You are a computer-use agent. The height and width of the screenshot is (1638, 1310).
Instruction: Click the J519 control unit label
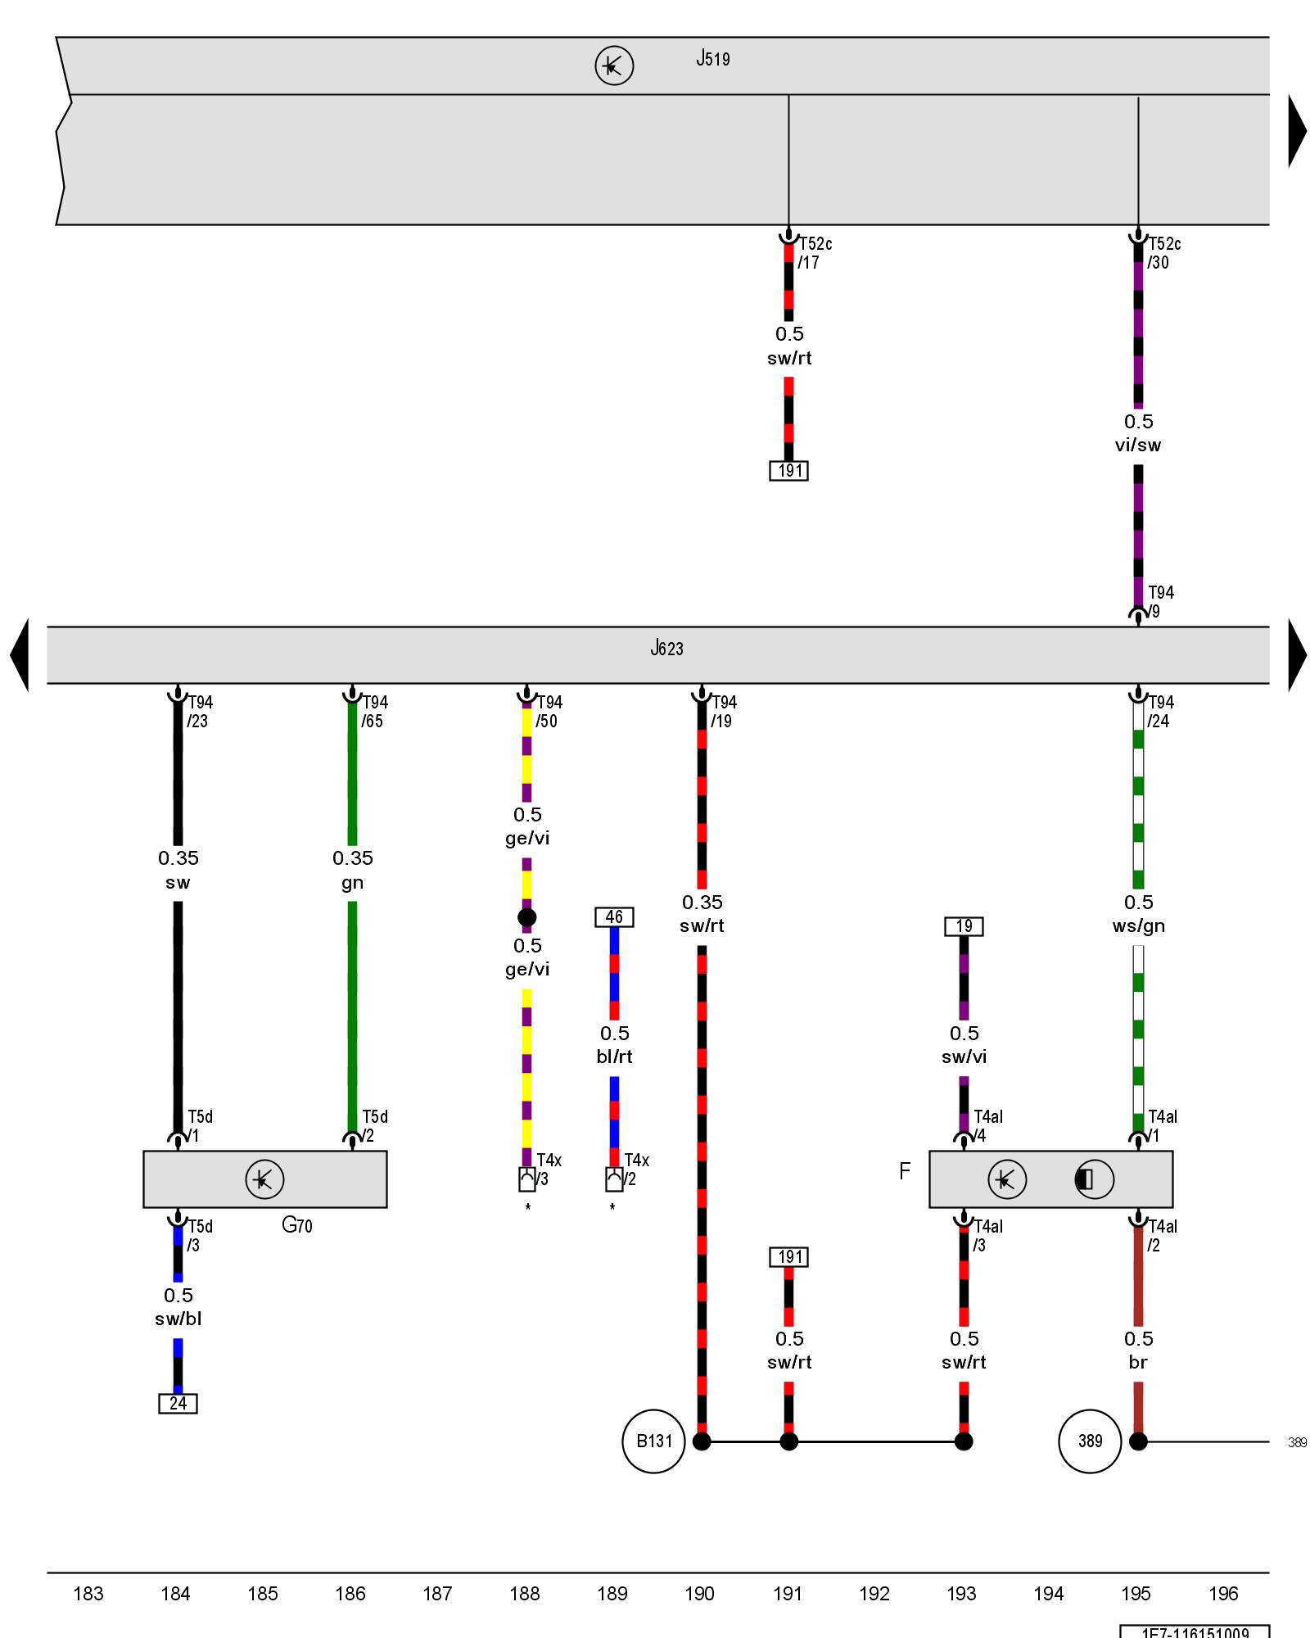click(x=712, y=59)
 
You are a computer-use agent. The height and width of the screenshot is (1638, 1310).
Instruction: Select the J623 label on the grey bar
click(x=666, y=649)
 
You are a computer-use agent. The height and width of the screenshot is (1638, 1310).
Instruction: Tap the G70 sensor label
click(x=296, y=1225)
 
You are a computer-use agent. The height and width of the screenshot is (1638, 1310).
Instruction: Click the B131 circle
click(x=653, y=1441)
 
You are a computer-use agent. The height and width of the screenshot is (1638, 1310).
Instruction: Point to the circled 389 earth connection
click(x=1090, y=1441)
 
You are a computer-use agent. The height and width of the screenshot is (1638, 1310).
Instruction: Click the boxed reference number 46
click(x=614, y=917)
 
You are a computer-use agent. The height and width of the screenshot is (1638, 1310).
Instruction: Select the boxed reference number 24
click(x=178, y=1404)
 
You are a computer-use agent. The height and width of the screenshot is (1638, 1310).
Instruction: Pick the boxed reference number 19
click(x=964, y=926)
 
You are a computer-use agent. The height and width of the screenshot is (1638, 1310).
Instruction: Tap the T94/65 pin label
click(x=374, y=712)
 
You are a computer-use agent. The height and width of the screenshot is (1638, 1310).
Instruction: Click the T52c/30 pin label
click(x=1163, y=253)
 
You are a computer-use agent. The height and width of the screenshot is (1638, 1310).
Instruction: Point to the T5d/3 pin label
click(x=199, y=1236)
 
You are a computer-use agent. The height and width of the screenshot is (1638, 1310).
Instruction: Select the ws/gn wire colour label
click(x=1138, y=926)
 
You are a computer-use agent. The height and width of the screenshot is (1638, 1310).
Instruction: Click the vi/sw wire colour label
click(x=1138, y=446)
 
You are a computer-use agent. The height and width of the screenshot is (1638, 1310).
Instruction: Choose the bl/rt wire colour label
click(x=614, y=1057)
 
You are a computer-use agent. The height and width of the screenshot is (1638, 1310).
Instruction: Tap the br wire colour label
click(x=1138, y=1362)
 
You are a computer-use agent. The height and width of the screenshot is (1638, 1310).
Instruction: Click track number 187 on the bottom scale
click(x=437, y=1594)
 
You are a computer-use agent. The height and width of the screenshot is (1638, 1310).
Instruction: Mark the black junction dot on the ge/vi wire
click(x=527, y=917)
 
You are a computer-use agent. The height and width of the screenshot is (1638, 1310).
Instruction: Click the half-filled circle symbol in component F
click(x=1094, y=1179)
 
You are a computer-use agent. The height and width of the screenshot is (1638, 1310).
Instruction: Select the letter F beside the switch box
click(x=905, y=1171)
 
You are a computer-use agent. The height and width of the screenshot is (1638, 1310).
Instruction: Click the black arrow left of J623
click(x=20, y=655)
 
